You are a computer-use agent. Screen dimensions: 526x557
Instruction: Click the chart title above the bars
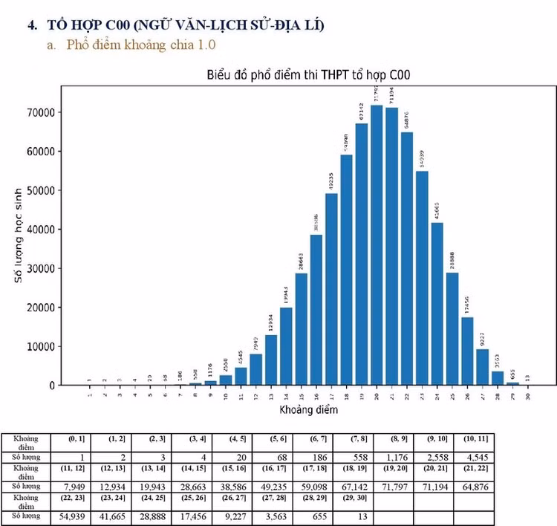[x=308, y=75]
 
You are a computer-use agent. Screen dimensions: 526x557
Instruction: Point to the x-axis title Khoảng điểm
[x=308, y=409]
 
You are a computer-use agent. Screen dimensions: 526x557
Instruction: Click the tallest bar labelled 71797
[x=377, y=245]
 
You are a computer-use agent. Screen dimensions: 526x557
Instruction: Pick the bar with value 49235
[x=331, y=289]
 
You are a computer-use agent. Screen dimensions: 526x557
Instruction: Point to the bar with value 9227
[x=483, y=367]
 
